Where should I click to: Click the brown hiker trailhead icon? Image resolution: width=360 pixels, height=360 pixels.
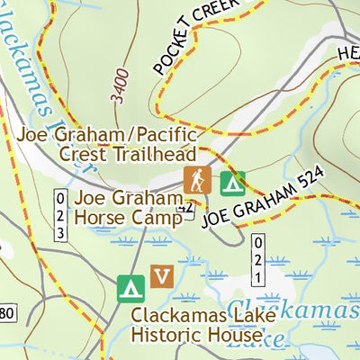click(x=196, y=179)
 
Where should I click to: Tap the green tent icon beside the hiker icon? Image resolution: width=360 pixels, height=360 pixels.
click(x=233, y=183)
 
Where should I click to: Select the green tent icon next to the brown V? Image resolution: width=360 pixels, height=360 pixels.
click(x=131, y=288)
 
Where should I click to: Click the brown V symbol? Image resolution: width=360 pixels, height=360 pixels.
click(x=162, y=275)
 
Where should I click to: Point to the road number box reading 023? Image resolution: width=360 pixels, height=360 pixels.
click(x=60, y=215)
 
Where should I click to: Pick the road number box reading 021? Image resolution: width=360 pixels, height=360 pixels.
click(x=257, y=260)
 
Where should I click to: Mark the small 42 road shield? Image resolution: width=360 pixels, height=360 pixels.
click(x=186, y=208)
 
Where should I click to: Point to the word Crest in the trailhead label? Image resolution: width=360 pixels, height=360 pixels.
click(x=88, y=154)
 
